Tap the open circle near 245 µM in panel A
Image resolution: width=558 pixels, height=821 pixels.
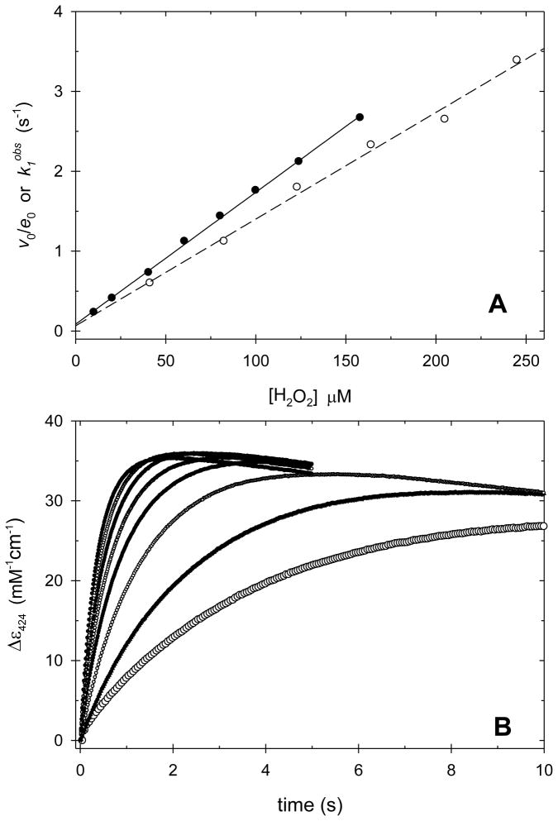[517, 60]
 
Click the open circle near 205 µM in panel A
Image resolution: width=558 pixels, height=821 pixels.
[445, 119]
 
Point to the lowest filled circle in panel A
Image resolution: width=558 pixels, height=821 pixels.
[93, 312]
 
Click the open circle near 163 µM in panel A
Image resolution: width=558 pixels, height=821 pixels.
[370, 145]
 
